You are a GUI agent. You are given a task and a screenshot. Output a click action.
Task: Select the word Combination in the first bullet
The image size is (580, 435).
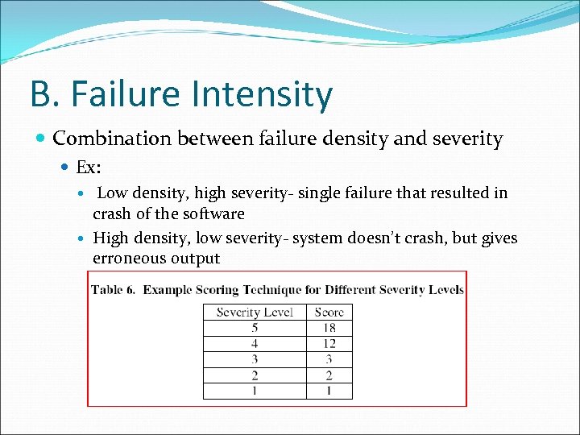(113, 139)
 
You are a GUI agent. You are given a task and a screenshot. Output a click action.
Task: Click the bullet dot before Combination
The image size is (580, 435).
(41, 139)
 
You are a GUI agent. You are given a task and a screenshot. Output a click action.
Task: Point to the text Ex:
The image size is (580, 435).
(88, 168)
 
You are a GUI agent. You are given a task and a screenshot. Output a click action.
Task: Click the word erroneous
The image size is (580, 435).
(129, 259)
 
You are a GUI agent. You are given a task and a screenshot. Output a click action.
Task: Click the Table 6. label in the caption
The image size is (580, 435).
(114, 290)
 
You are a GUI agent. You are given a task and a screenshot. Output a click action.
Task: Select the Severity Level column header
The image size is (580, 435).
(255, 313)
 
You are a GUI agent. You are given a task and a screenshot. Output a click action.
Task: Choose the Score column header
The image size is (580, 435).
(329, 313)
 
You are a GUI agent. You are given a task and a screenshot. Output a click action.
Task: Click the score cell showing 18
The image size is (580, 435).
(329, 328)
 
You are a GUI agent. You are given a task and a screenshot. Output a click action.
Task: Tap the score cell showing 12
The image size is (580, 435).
(329, 344)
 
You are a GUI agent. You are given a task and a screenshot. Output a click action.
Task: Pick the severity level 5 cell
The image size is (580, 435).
(255, 328)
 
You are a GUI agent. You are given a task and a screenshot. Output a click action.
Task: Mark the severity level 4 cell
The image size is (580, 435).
(255, 344)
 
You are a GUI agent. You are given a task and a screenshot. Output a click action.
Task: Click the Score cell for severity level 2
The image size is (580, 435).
(329, 375)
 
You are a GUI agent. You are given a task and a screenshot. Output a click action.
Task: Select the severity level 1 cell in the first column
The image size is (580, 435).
(255, 391)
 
